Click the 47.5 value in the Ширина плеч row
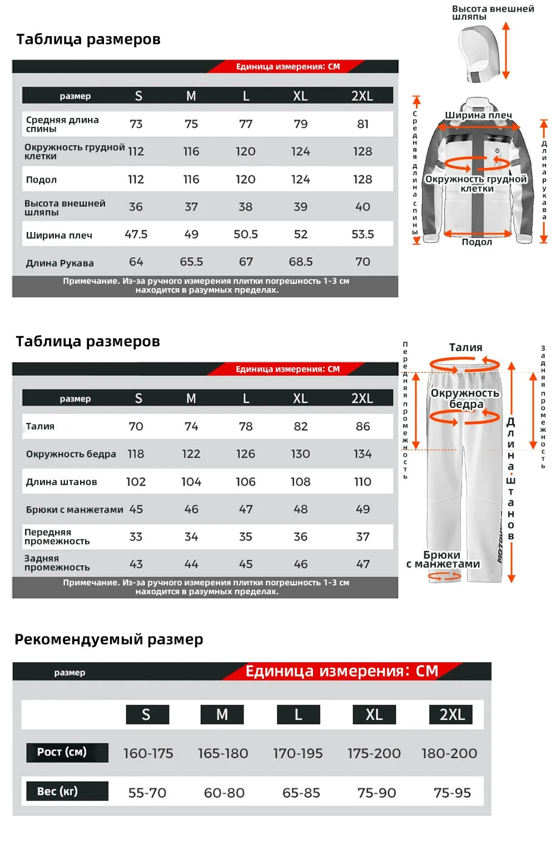(x=136, y=234)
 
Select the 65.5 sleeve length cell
(x=191, y=262)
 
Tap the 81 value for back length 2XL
(x=363, y=124)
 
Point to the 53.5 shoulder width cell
(x=363, y=234)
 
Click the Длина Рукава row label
(x=59, y=263)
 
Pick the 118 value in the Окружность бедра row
(x=136, y=454)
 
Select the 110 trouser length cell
(x=363, y=482)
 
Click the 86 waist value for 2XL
(x=363, y=426)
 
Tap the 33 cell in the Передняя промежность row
(x=136, y=536)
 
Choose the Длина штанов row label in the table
(x=61, y=482)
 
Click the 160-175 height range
(x=148, y=753)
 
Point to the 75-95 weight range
(x=452, y=793)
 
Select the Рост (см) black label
(x=67, y=752)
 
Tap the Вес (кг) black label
(x=67, y=791)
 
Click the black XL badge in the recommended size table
(x=374, y=714)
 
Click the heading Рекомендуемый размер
(x=109, y=639)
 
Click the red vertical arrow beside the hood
(x=506, y=51)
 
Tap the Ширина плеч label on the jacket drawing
(x=478, y=115)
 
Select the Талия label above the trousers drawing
(x=465, y=347)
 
